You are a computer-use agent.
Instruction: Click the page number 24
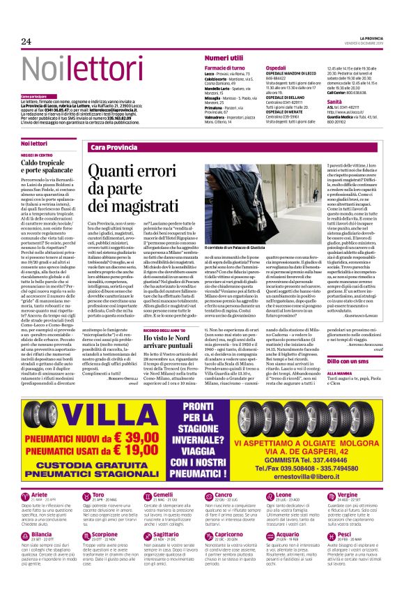(26, 42)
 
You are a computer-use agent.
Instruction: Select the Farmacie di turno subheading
(224, 67)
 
